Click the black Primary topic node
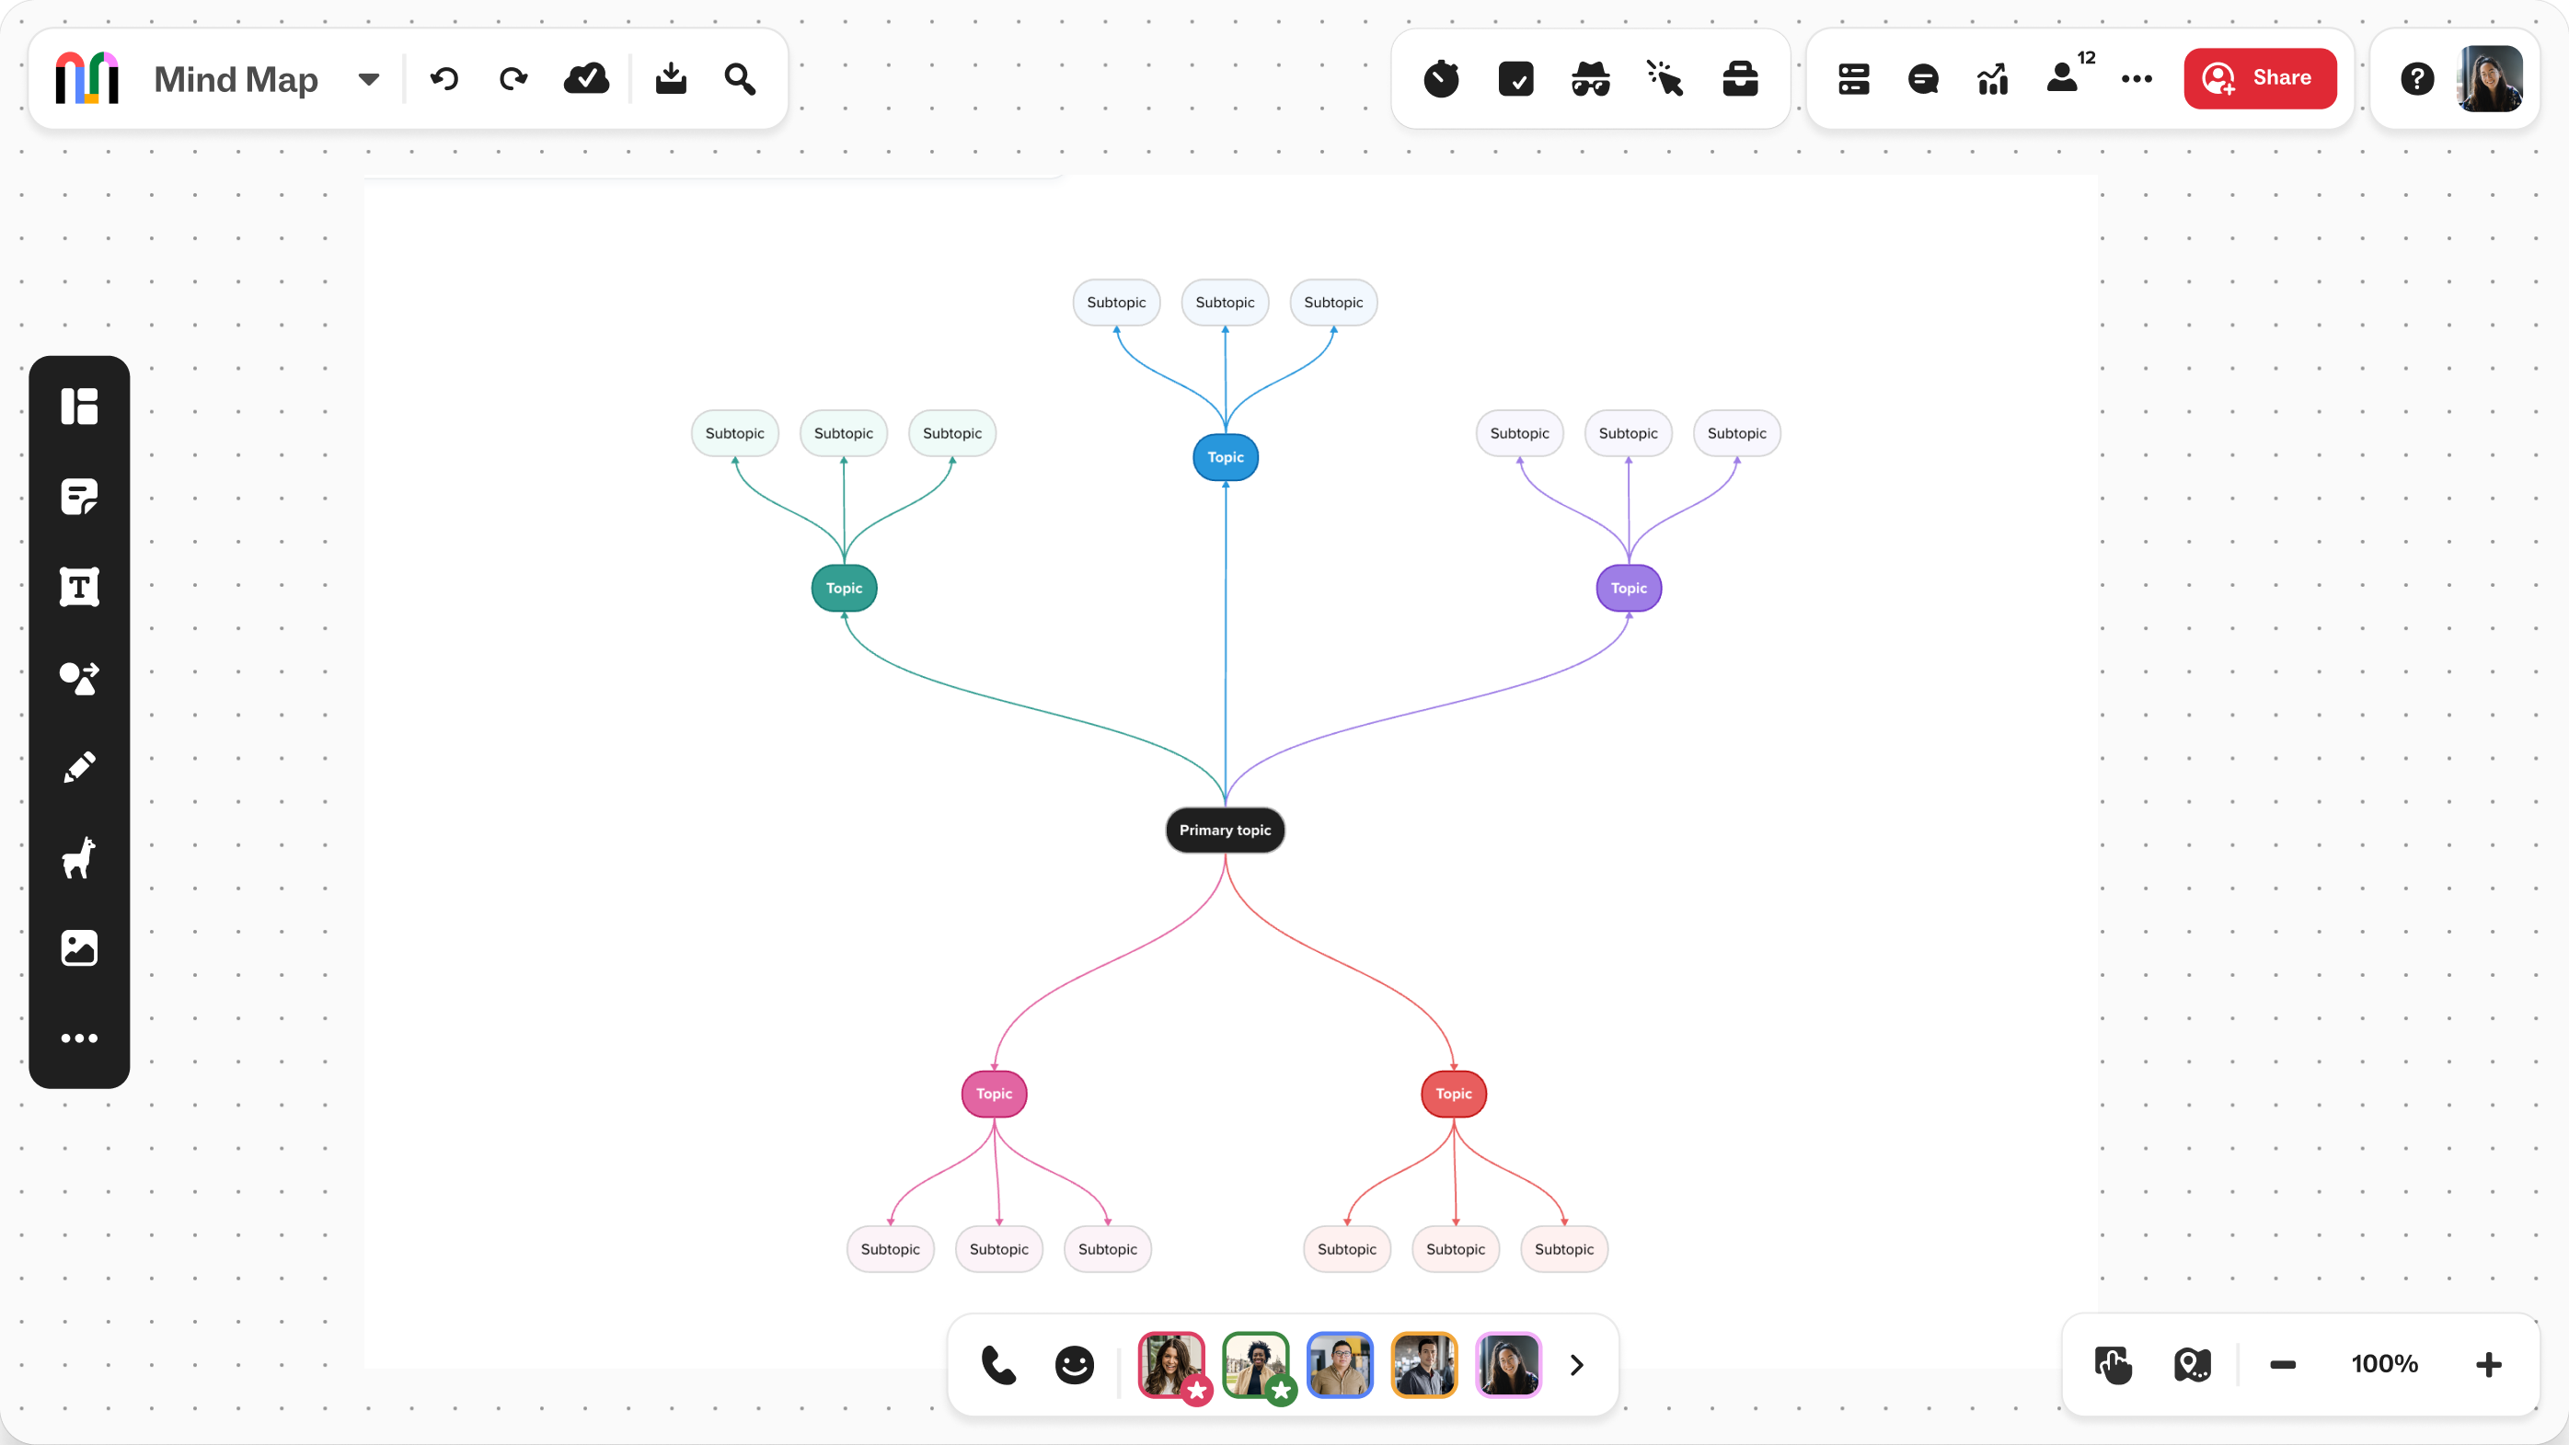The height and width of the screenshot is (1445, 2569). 1225,830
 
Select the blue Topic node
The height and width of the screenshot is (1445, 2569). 1225,457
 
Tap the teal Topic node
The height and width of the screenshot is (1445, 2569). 844,588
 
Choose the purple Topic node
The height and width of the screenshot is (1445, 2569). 1629,588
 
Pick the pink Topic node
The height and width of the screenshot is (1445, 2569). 994,1093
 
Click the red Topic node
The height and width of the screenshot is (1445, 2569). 1453,1093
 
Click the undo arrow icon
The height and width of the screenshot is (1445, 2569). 444,78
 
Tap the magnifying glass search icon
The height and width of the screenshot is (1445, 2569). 739,78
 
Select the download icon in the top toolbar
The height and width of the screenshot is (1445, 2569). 670,78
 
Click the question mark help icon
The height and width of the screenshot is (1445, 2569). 2416,78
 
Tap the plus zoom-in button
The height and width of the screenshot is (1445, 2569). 2488,1363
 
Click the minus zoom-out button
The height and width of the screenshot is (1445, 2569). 2283,1363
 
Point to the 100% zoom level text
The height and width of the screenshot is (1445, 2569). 2383,1363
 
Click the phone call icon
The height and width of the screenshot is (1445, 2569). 998,1364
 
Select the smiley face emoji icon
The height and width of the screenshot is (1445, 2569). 1074,1364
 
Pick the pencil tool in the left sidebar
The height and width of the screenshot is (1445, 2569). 80,767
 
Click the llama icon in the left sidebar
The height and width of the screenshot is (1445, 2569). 79,857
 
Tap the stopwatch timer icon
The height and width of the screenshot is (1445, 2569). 1441,78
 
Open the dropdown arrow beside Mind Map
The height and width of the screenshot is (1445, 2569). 369,79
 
